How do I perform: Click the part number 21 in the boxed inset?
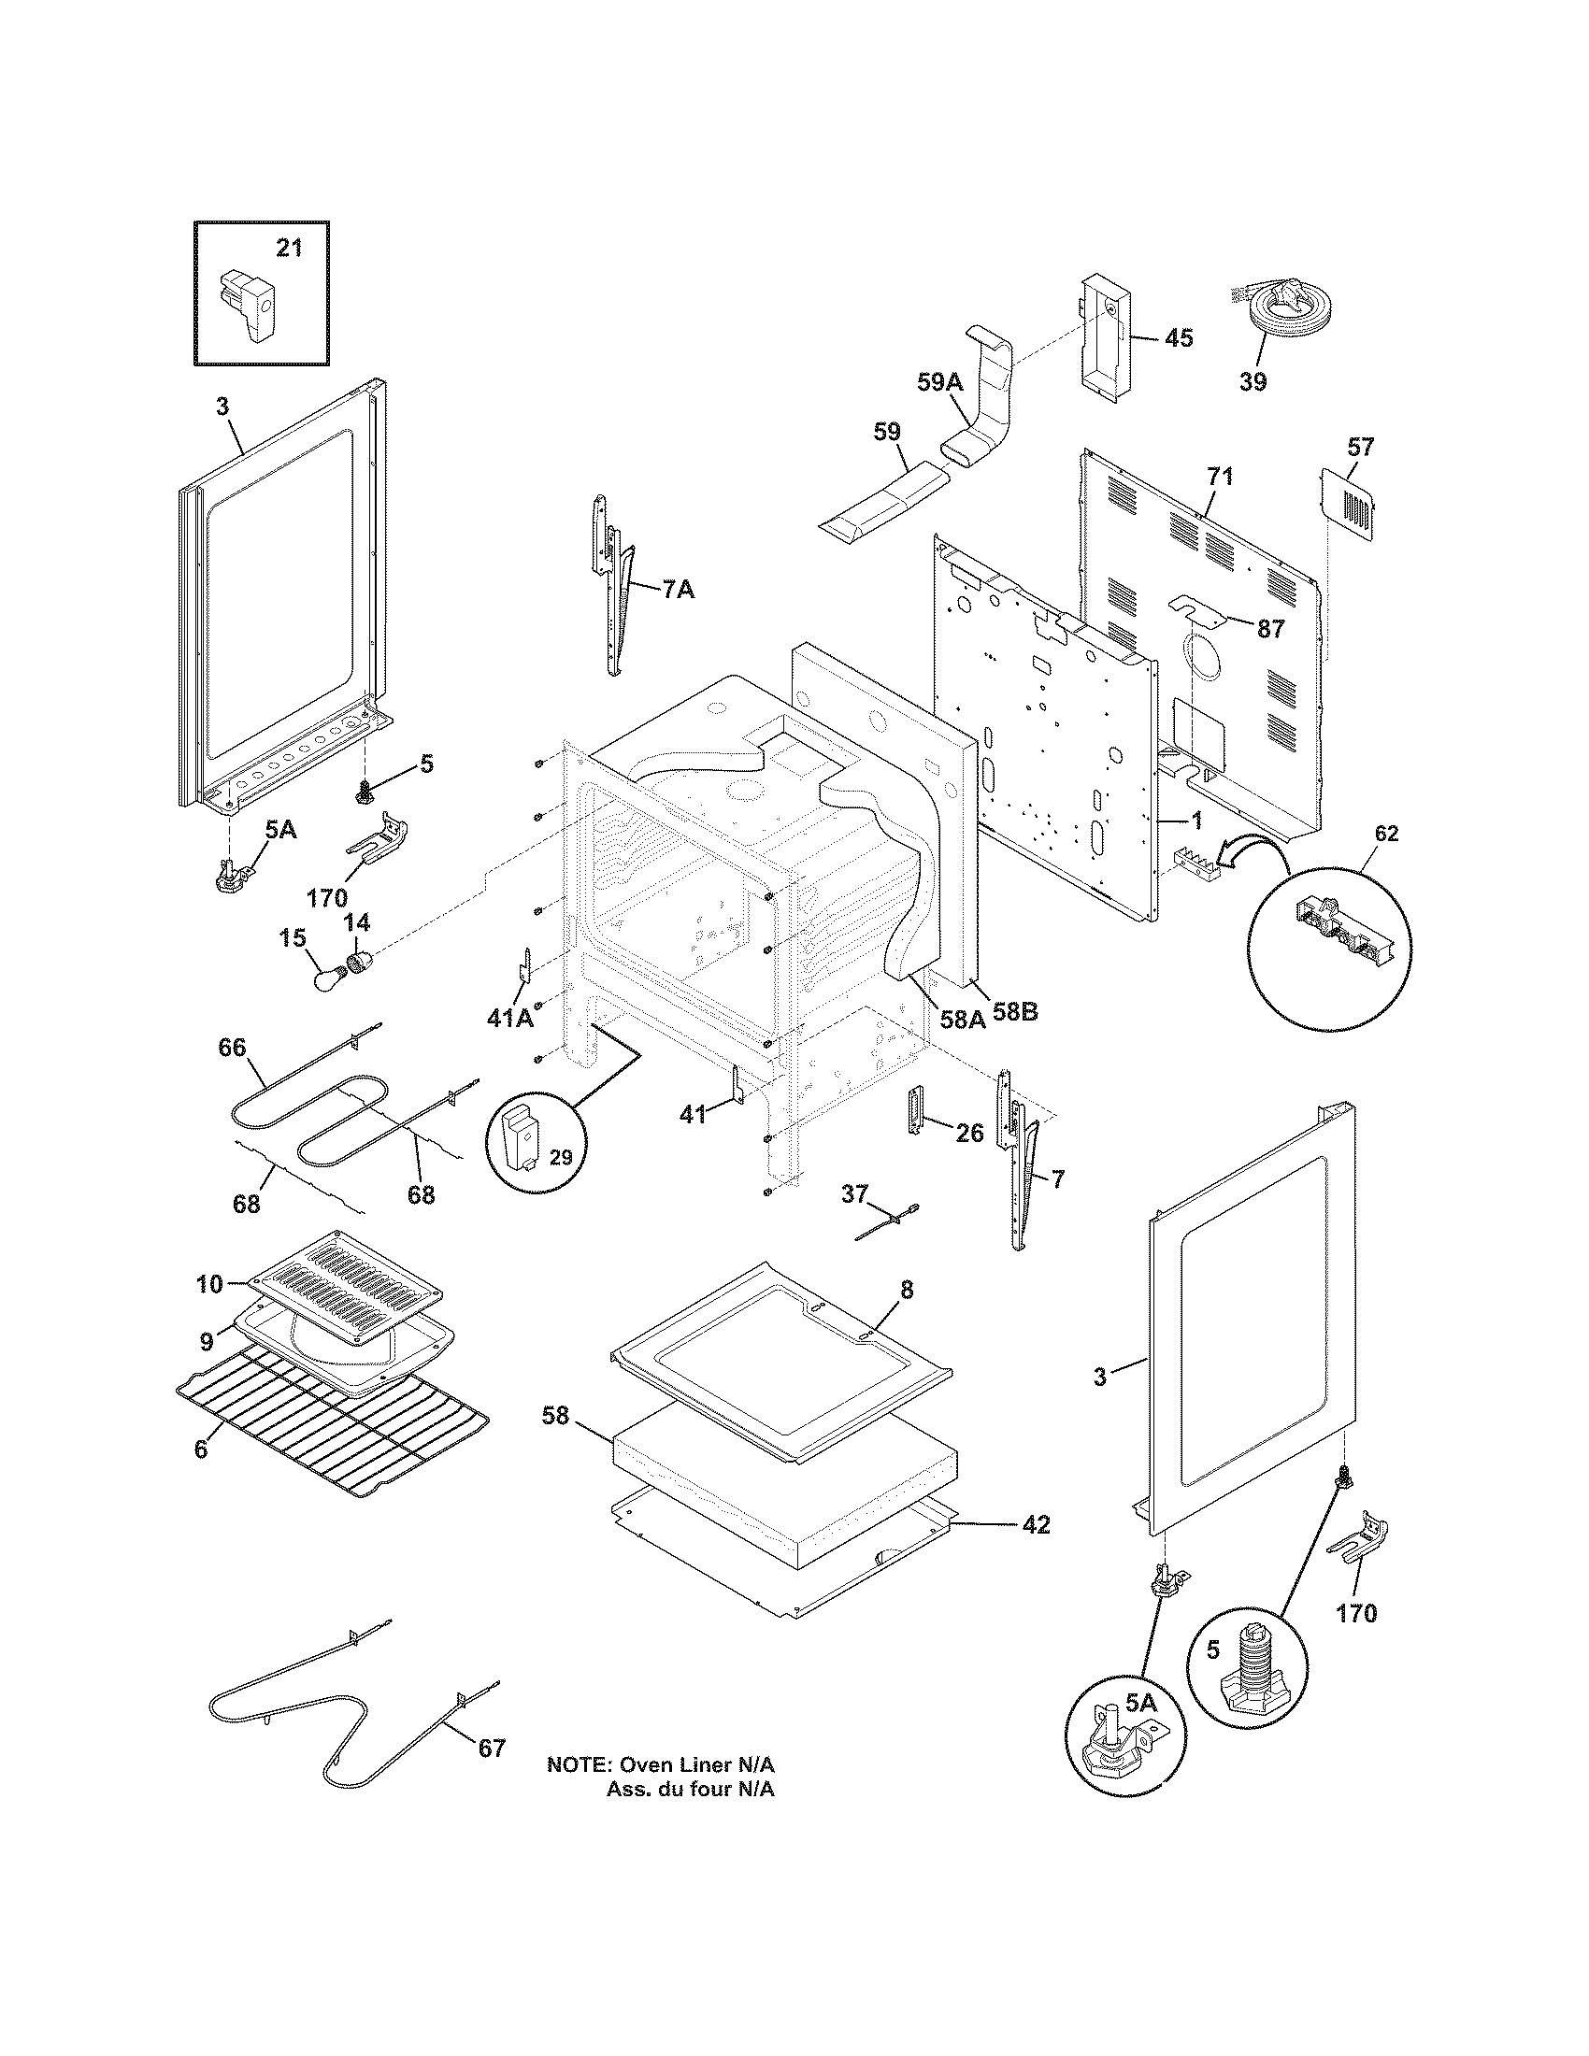pyautogui.click(x=289, y=249)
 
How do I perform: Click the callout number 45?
pyautogui.click(x=1179, y=337)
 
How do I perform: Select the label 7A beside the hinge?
pyautogui.click(x=678, y=591)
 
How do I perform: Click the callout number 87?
pyautogui.click(x=1271, y=629)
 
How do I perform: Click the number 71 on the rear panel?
pyautogui.click(x=1219, y=477)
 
